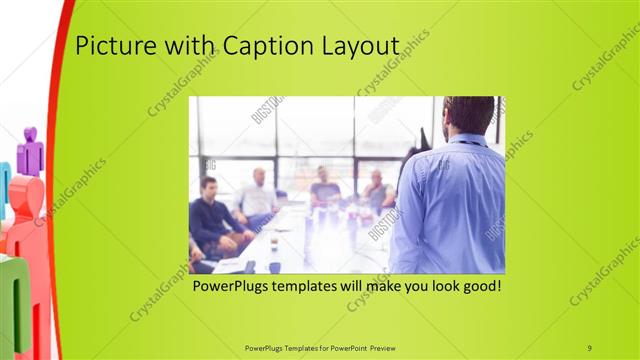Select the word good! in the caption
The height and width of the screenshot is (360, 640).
coord(481,287)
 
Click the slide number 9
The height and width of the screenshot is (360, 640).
coord(590,347)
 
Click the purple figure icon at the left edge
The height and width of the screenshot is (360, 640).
coord(30,150)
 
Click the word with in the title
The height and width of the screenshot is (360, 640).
coord(191,47)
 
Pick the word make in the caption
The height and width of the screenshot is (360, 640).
coord(376,287)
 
